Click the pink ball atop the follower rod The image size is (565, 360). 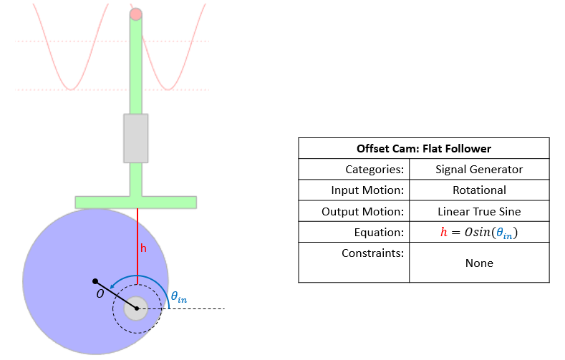(x=136, y=14)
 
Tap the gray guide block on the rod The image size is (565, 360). (x=136, y=137)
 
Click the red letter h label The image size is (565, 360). (x=143, y=249)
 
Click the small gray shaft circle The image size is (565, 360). (x=136, y=309)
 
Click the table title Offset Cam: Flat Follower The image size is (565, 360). (x=424, y=149)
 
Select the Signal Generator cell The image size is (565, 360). (x=479, y=170)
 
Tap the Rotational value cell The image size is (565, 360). (x=479, y=190)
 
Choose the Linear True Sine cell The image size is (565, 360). (x=479, y=212)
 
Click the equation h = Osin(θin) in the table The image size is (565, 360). (x=479, y=233)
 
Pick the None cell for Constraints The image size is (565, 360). (x=479, y=263)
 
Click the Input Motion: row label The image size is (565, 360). (x=367, y=190)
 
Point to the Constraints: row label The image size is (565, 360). (x=372, y=253)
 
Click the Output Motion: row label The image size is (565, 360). (x=364, y=212)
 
